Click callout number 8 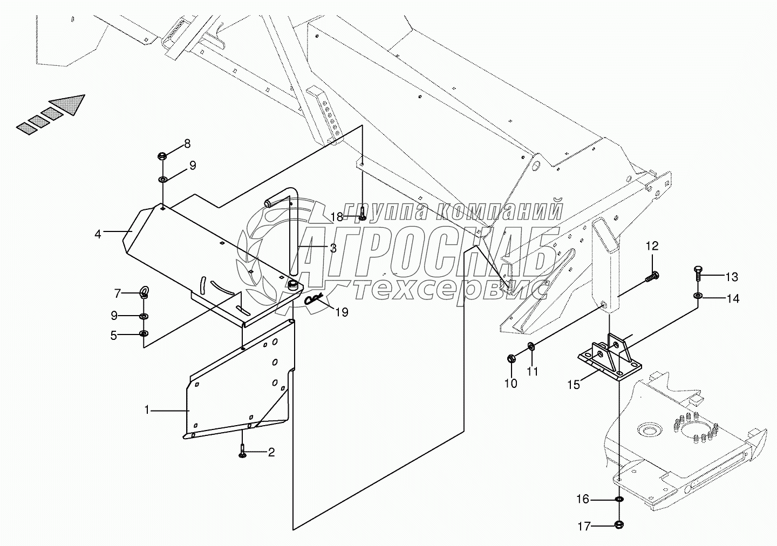(187, 144)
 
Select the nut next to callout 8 (162, 156)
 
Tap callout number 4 (98, 234)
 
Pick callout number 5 (114, 336)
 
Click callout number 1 (146, 410)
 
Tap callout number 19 (342, 312)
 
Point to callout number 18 (336, 217)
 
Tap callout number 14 (733, 298)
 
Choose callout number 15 (574, 385)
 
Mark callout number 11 (533, 371)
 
